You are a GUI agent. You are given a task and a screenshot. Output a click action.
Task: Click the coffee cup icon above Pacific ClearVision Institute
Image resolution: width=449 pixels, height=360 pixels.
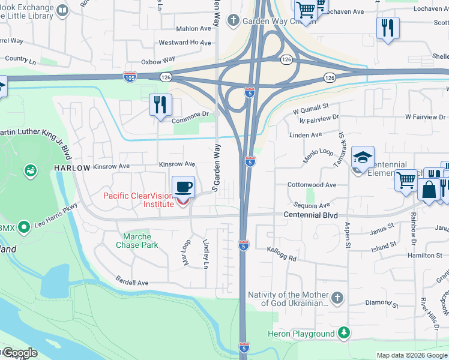(184, 187)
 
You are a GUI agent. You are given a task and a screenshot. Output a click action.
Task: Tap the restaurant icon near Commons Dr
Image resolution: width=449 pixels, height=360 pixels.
(160, 104)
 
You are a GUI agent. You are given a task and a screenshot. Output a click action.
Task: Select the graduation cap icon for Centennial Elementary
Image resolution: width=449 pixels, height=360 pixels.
(363, 157)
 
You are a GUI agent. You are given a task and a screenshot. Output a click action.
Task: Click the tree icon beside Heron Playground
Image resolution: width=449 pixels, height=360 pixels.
(343, 333)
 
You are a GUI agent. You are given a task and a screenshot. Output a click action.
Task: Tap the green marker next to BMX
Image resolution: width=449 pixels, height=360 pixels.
(24, 227)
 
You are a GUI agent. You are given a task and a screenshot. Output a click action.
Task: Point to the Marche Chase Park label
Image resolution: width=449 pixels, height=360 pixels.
(137, 241)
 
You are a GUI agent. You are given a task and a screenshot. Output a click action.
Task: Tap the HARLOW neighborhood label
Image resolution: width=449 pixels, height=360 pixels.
(72, 168)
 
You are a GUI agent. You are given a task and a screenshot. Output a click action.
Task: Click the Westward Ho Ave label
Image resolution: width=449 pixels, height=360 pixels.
(184, 43)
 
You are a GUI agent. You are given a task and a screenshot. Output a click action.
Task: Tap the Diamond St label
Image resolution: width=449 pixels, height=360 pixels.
(378, 302)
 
